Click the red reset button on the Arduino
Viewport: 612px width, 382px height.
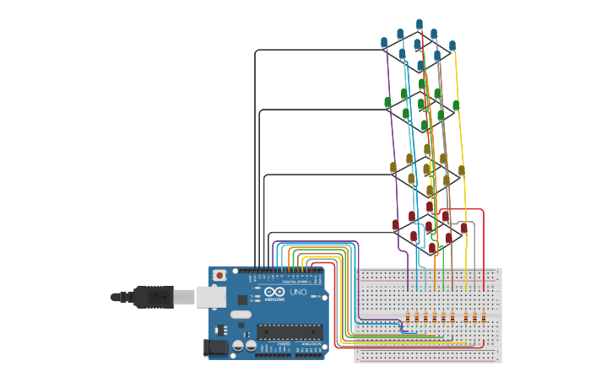[x=219, y=275]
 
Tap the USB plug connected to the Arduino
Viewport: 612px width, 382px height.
[x=153, y=297]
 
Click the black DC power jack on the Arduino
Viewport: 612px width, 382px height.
[x=216, y=347]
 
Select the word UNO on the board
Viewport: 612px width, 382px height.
[x=298, y=292]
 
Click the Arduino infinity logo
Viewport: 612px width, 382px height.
[x=274, y=292]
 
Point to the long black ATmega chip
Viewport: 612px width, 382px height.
[x=290, y=335]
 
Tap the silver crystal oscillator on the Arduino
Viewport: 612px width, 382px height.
[x=240, y=315]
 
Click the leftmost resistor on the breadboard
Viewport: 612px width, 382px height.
[x=409, y=317]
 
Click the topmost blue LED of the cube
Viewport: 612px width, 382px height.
[x=419, y=24]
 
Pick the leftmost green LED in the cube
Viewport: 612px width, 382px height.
[x=387, y=102]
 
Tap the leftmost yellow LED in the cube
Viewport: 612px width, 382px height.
[x=393, y=167]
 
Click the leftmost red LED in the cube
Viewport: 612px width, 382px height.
[x=395, y=224]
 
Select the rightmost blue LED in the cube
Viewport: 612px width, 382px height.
[x=452, y=45]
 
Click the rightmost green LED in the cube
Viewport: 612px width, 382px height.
[x=456, y=105]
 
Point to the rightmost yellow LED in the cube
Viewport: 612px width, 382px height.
[x=461, y=170]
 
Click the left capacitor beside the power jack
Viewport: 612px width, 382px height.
[x=239, y=346]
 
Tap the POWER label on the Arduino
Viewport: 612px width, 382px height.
[x=284, y=344]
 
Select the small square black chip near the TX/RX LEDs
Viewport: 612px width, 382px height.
[x=242, y=299]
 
